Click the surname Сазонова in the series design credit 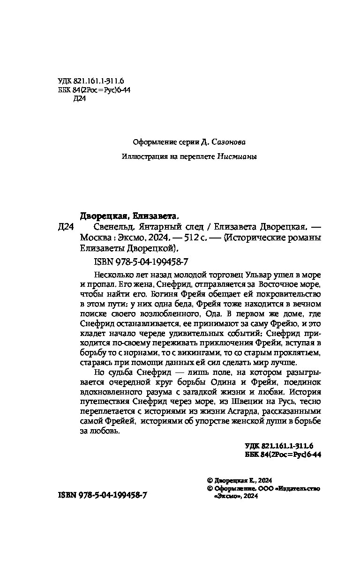(x=229, y=142)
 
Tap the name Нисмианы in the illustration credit (x=237, y=157)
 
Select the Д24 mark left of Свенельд (x=66, y=227)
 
